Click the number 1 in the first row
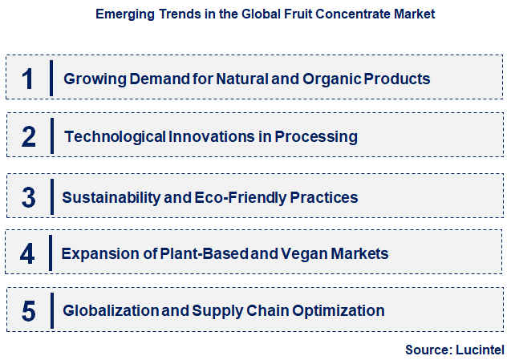pos(29,79)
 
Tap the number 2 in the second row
pos(29,136)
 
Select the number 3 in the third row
pos(29,196)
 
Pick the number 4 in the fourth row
pos(29,253)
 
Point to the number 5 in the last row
pos(29,310)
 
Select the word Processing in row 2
pos(316,136)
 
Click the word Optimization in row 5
pos(336,310)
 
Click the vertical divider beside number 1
pos(51,79)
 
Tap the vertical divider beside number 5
pos(51,310)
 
